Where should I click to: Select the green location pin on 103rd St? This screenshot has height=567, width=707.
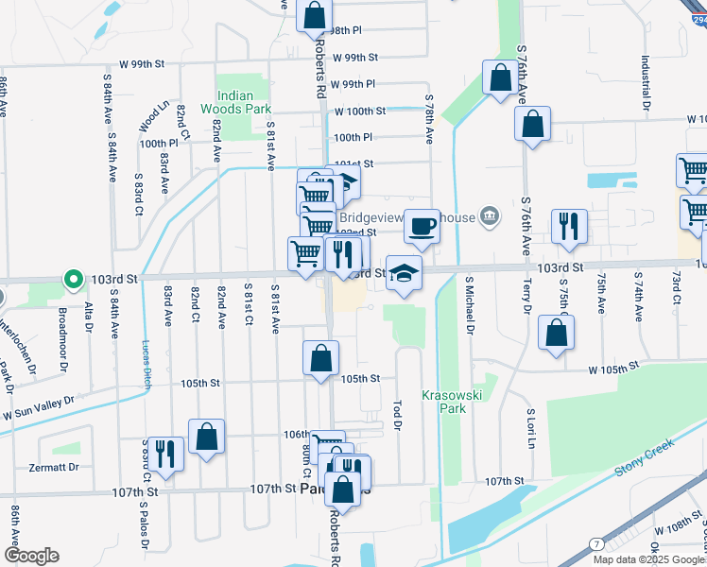[73, 279]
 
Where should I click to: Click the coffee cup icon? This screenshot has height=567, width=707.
[422, 226]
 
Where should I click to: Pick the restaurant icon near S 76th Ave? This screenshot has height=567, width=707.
[569, 226]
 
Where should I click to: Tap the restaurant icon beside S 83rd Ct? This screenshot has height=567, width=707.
[165, 453]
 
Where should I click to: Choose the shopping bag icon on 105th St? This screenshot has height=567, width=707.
[321, 358]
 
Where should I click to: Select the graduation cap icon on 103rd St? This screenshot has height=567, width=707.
[404, 273]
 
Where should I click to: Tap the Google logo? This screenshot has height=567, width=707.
[31, 555]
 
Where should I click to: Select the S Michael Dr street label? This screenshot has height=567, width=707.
[469, 305]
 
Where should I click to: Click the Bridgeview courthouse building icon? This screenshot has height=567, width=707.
[490, 217]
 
